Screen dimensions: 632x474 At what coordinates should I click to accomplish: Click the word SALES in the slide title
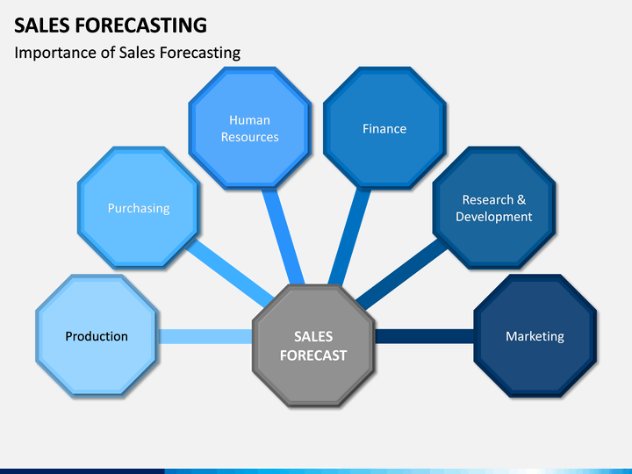42,25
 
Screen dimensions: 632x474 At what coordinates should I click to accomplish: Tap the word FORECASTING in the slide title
141,25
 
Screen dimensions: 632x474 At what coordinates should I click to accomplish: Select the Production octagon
97,335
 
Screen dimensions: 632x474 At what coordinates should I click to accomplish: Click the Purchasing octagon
139,207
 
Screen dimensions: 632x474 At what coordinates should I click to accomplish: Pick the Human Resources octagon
250,128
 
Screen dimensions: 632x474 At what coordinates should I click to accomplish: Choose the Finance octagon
384,128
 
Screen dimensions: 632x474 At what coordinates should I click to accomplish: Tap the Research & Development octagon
494,207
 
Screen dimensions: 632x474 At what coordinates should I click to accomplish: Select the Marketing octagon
535,335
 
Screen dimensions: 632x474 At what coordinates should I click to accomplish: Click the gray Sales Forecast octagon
313,346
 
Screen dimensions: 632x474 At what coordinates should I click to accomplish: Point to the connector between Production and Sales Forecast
205,336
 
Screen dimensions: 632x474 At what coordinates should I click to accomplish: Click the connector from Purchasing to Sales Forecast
230,273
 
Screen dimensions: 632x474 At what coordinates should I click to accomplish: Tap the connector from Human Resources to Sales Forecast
284,237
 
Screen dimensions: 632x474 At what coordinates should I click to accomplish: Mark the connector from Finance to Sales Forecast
349,237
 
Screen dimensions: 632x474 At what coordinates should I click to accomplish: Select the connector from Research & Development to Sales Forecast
402,274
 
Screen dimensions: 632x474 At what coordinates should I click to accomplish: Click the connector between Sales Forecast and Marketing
425,336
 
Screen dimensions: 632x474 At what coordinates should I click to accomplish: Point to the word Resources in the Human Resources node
250,137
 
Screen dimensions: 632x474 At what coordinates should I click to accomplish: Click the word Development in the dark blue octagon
494,217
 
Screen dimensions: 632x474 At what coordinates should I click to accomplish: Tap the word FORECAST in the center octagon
313,355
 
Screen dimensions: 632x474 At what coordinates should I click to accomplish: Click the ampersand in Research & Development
521,199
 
